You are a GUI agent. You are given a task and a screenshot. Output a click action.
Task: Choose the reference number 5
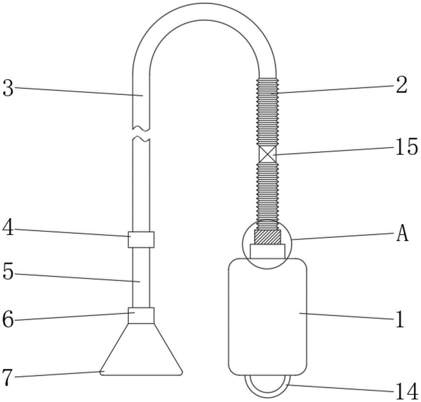[9, 272]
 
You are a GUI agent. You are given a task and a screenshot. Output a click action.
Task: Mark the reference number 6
[9, 319]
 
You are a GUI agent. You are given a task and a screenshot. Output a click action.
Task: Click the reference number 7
[9, 374]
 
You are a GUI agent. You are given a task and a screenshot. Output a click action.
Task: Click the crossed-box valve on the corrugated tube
[267, 154]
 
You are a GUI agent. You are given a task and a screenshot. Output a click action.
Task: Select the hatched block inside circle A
[267, 237]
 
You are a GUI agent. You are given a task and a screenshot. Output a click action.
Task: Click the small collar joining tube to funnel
[141, 316]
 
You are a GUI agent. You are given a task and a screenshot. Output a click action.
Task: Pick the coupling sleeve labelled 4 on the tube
[141, 239]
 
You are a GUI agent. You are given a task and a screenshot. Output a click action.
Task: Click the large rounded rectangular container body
[267, 316]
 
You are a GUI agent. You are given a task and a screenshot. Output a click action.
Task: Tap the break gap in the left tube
[141, 133]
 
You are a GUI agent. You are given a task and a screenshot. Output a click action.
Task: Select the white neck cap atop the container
[267, 251]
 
